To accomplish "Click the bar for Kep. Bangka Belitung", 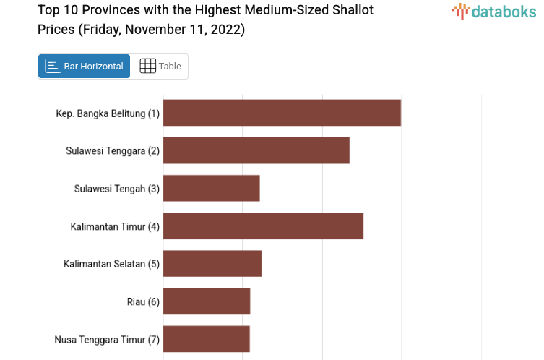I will coord(282,113).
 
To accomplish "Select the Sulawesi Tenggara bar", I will coord(256,150).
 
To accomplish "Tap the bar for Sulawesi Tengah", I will coord(211,188).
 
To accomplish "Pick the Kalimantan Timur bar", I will coord(263,226).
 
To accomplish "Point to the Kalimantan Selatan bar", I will coord(212,263).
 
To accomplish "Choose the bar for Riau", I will coord(207,301).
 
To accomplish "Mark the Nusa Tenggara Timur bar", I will coord(207,338).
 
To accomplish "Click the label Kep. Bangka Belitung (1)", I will coord(108,113).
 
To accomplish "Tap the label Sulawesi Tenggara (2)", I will coord(113,151).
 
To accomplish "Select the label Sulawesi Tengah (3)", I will coord(116,189).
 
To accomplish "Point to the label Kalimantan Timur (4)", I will coord(115,226).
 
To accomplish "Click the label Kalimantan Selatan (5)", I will coord(111,264).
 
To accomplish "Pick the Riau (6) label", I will coord(143,301).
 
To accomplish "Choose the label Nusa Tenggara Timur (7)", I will coord(107,339).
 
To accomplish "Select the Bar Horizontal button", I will coord(84,66).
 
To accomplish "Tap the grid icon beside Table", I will coord(147,66).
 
